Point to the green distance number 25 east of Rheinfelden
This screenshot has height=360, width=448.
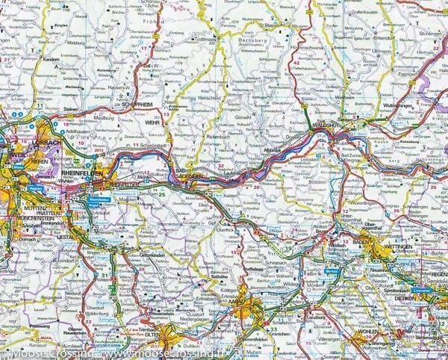(x=162, y=194)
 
